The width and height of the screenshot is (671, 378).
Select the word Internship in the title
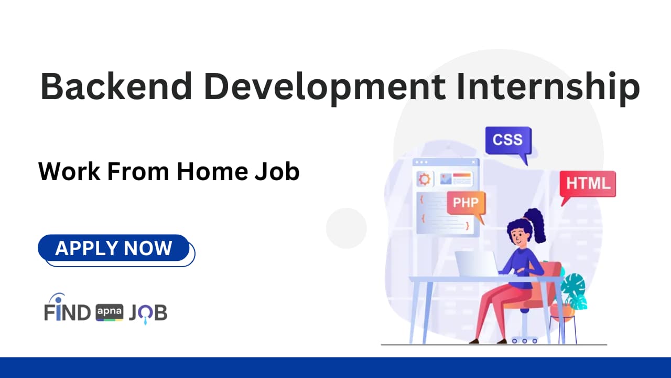[548, 88]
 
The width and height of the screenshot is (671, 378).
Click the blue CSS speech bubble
[508, 140]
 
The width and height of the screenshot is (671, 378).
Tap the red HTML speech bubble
[588, 184]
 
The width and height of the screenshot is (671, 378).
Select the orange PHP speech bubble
[466, 203]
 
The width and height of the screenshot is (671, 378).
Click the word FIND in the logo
[68, 313]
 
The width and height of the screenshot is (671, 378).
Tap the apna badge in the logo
[110, 313]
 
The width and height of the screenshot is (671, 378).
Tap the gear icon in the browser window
[424, 180]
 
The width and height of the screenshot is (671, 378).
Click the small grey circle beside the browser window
[346, 228]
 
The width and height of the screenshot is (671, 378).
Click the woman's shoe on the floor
[474, 341]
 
